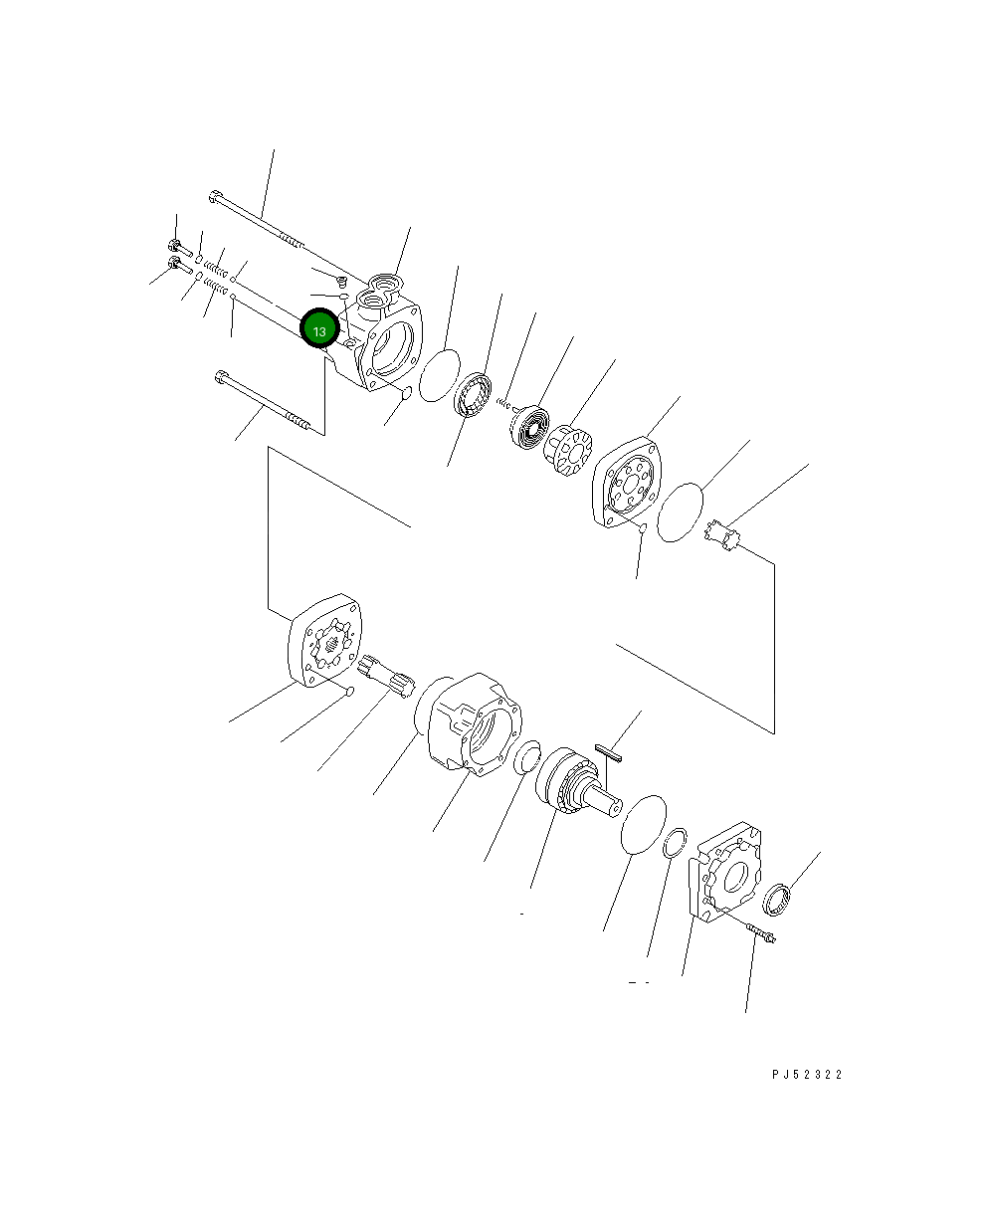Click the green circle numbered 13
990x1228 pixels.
319,329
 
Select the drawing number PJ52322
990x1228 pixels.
806,1075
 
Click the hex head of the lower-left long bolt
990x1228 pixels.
221,376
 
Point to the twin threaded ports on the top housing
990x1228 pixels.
383,292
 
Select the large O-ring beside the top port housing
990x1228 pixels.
439,375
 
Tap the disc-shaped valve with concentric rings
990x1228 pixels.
527,426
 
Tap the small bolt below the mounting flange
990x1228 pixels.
760,933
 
